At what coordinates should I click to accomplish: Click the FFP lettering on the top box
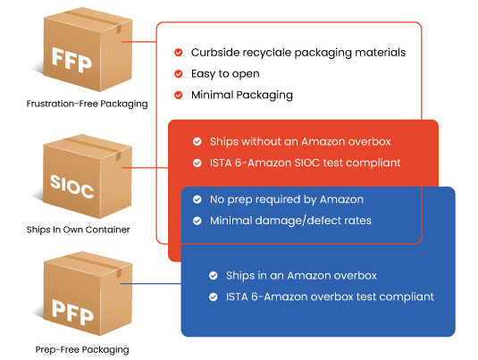click(x=71, y=60)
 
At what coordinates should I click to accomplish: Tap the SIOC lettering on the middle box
click(x=71, y=186)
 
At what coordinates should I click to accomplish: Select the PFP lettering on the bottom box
click(x=72, y=312)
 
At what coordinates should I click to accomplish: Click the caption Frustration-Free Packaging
click(x=87, y=104)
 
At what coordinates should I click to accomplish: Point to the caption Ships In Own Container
click(x=78, y=230)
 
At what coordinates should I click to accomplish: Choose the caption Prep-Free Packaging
click(x=82, y=349)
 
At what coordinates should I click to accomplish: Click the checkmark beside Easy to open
click(x=179, y=74)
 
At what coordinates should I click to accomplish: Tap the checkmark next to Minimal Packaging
click(x=179, y=95)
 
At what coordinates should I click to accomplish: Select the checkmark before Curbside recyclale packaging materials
click(x=179, y=53)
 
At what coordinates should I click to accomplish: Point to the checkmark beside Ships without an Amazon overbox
click(x=197, y=141)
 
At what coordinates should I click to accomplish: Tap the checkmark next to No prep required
click(x=197, y=199)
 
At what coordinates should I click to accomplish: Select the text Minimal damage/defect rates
click(x=290, y=221)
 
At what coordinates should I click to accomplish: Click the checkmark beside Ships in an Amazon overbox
click(x=214, y=275)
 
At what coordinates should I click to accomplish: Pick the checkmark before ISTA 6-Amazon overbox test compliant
click(x=214, y=297)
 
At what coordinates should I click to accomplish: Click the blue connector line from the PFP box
click(x=151, y=284)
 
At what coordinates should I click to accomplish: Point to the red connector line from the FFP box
click(x=139, y=42)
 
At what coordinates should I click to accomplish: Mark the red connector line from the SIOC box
click(x=145, y=168)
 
